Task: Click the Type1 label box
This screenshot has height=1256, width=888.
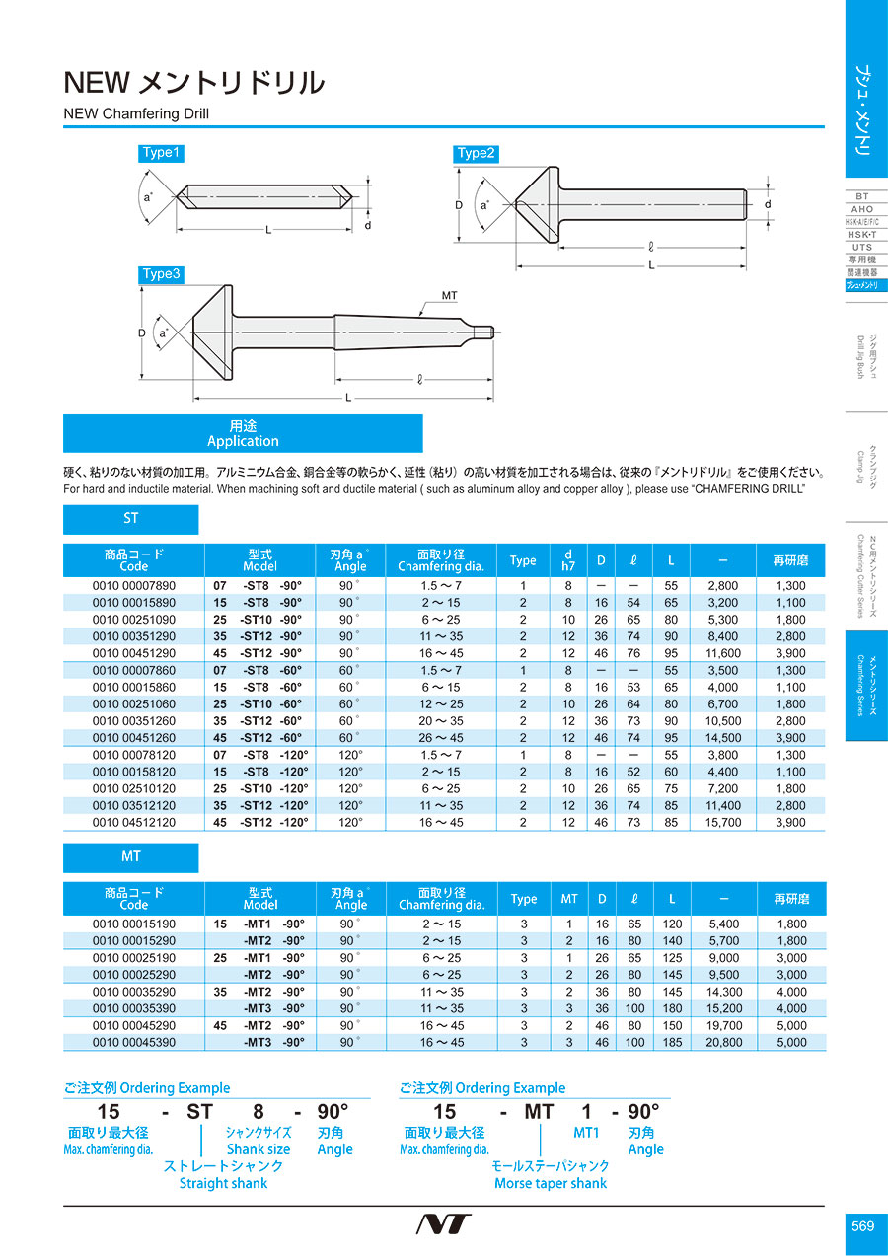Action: click(162, 153)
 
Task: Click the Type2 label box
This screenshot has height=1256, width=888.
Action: click(477, 153)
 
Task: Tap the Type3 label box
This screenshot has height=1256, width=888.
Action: click(162, 274)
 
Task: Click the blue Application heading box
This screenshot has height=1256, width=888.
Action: click(243, 433)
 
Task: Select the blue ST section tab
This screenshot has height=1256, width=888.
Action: click(131, 519)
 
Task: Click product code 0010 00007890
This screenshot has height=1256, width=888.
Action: click(133, 586)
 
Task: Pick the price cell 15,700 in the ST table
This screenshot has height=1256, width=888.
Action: click(723, 822)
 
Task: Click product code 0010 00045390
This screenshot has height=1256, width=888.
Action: click(133, 1042)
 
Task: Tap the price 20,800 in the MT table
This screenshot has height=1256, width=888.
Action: click(723, 1042)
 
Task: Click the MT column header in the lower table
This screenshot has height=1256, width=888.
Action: click(569, 899)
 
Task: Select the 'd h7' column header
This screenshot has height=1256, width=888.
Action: click(567, 560)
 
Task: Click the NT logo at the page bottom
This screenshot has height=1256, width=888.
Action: click(443, 1224)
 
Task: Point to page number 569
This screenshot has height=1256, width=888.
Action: click(862, 1226)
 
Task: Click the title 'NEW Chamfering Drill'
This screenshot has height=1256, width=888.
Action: click(136, 113)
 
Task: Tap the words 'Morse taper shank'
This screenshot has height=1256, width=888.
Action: click(551, 1183)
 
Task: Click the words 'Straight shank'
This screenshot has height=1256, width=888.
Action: click(223, 1183)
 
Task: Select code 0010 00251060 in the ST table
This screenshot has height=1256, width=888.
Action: click(133, 704)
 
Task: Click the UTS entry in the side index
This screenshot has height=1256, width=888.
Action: click(861, 247)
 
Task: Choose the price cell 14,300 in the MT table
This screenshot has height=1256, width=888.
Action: click(723, 992)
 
